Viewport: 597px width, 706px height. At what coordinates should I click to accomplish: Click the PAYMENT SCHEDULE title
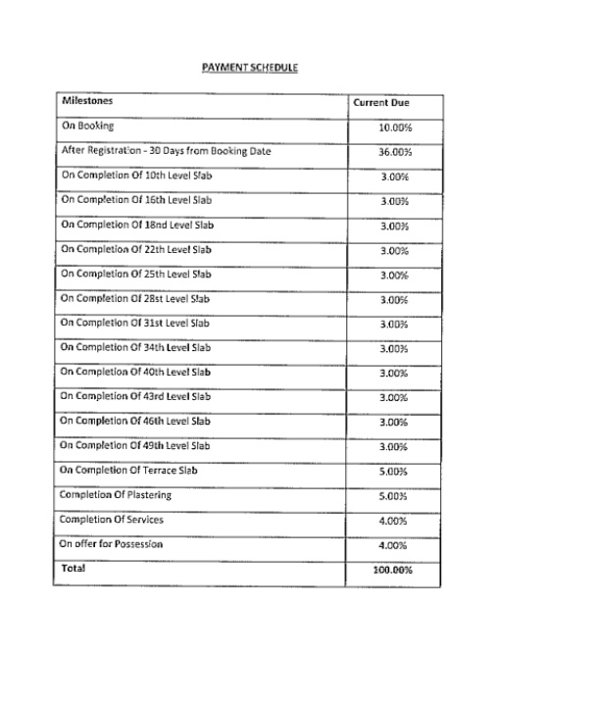tap(249, 68)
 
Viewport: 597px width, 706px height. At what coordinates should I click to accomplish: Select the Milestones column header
tap(87, 101)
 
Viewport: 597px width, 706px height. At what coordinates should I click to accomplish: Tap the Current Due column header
tap(381, 102)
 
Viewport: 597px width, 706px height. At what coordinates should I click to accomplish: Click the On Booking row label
tap(87, 126)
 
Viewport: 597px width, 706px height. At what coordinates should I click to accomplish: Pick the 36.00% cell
tap(393, 152)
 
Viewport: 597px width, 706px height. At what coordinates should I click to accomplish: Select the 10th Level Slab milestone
tap(135, 176)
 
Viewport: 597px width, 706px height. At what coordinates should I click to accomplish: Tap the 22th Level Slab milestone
tap(135, 249)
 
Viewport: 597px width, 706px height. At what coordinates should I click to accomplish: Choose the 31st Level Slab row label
tap(134, 323)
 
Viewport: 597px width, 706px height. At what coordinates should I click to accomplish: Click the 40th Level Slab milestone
tap(135, 372)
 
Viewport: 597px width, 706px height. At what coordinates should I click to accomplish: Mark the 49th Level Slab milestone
tap(135, 445)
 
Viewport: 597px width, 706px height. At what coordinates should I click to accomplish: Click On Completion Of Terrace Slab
tap(135, 470)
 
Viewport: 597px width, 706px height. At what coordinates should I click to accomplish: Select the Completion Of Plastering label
tap(115, 494)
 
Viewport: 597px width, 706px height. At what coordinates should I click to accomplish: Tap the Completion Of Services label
tap(111, 519)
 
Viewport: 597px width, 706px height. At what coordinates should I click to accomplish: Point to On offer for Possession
tap(111, 543)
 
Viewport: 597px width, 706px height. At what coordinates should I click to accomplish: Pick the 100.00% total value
tap(393, 570)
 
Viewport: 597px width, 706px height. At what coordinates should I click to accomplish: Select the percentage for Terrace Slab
tap(393, 472)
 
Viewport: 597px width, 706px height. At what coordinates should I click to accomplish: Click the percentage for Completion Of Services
tap(393, 521)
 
